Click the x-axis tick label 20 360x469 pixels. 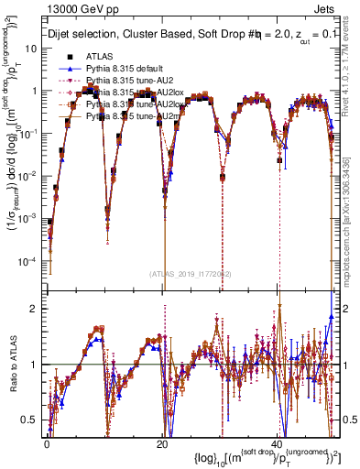tap(162, 443)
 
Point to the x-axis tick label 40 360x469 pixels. tap(277, 443)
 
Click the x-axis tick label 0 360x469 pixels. tap(47, 443)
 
